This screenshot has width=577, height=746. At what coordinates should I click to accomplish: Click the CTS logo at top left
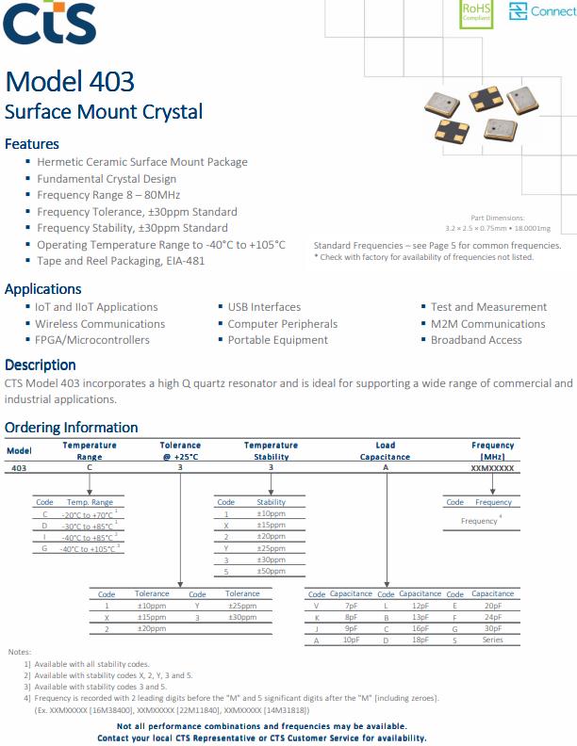(x=49, y=23)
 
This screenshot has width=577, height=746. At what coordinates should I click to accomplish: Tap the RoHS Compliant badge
(x=476, y=11)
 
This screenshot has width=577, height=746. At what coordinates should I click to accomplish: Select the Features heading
(x=32, y=144)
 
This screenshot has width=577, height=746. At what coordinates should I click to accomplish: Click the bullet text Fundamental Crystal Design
(x=107, y=178)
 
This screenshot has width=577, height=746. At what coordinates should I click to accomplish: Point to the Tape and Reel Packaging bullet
(x=121, y=261)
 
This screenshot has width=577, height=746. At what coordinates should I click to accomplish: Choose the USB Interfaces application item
(x=264, y=307)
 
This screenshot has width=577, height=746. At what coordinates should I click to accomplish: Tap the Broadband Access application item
(x=476, y=340)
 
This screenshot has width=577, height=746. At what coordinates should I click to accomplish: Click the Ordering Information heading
(x=72, y=428)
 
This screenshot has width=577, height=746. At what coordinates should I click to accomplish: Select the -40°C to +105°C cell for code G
(x=90, y=548)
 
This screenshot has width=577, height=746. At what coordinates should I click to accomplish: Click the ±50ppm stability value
(x=272, y=571)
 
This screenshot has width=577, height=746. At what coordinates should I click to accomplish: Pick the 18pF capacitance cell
(x=420, y=640)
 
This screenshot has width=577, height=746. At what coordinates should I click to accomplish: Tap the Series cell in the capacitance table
(x=493, y=640)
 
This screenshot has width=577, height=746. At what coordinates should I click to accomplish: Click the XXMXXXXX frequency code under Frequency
(x=492, y=467)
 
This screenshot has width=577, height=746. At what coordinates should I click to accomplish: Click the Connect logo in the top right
(x=542, y=11)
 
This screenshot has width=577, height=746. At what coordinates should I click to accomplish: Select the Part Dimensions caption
(x=497, y=218)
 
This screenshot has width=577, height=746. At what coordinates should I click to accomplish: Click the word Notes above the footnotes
(x=20, y=652)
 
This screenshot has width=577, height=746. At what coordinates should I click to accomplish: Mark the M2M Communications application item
(x=487, y=323)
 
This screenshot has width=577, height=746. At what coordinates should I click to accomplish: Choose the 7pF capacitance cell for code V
(x=352, y=606)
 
